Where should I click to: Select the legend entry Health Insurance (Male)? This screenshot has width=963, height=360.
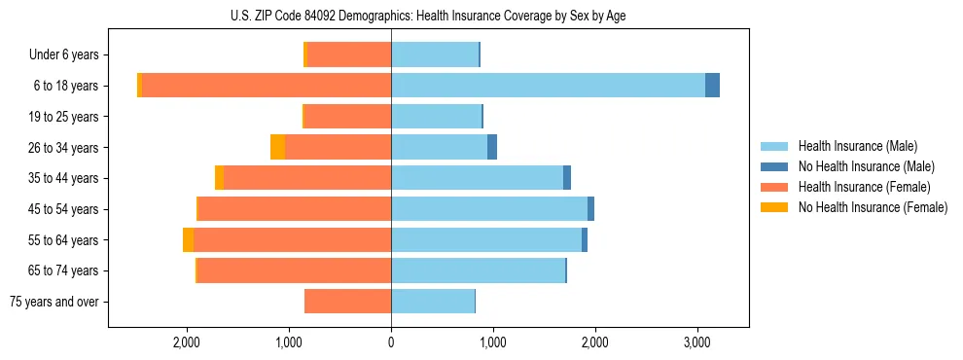coord(857,146)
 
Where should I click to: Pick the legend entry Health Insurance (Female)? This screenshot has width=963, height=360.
coord(864,187)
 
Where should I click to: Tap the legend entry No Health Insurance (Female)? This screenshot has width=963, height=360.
coord(873,207)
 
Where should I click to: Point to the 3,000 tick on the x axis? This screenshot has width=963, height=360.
coord(696,342)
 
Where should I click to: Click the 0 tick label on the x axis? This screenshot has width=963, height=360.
coord(391,342)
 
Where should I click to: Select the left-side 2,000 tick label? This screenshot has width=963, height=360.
coord(187,342)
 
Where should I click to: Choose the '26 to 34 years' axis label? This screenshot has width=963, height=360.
coord(67,148)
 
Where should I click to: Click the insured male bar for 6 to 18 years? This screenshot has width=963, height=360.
coord(548,86)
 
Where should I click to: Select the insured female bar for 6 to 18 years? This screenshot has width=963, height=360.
coord(267,86)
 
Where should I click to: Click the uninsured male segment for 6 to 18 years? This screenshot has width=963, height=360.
coord(712,86)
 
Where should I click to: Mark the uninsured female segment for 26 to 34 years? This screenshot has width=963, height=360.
coord(277,147)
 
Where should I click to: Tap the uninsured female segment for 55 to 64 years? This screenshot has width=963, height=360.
coord(188,239)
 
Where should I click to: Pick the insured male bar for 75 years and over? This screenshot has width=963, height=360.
coord(433,302)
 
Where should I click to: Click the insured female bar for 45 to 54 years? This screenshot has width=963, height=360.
coord(294,209)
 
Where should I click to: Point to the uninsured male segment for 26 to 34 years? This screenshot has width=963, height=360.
coord(492,147)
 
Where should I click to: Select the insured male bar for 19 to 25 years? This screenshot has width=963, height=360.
coord(436,117)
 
